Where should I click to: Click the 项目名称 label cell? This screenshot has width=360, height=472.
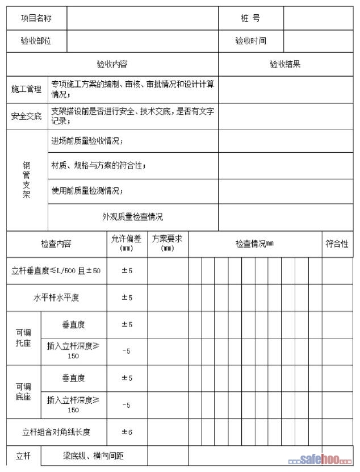[x=36, y=19]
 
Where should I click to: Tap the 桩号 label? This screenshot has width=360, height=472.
[x=250, y=19]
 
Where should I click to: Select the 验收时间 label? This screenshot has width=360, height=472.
[x=250, y=41]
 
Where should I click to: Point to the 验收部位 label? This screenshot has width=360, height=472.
[x=36, y=41]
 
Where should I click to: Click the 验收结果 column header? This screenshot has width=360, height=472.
[x=285, y=64]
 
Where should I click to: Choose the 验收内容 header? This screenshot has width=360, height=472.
[x=112, y=64]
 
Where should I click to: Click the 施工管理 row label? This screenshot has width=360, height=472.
[x=27, y=89]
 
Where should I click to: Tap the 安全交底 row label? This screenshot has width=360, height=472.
[x=27, y=116]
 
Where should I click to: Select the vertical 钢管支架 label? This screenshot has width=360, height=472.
[x=26, y=180]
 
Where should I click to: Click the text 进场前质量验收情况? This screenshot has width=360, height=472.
[x=87, y=141]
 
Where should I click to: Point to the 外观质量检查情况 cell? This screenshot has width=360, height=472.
[x=132, y=216]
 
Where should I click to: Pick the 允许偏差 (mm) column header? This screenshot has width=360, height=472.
[x=127, y=244]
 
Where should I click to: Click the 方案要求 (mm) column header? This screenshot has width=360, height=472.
[x=168, y=244]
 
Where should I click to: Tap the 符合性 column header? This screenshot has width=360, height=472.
[x=337, y=244]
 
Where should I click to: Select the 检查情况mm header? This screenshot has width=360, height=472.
[x=255, y=244]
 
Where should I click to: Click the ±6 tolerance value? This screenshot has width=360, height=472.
[x=127, y=432]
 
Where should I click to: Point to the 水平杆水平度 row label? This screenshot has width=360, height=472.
[x=56, y=298]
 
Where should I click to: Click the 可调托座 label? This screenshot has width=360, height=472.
[x=23, y=338]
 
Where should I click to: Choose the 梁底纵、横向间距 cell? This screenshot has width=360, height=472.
[x=93, y=456]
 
